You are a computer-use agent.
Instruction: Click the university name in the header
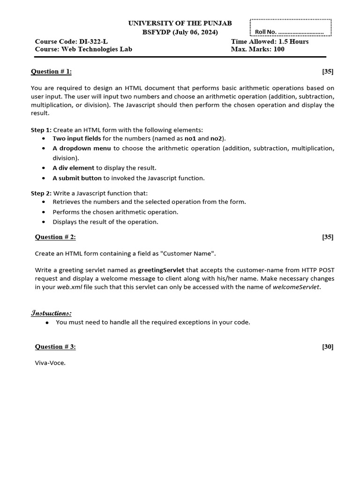pos(180,23)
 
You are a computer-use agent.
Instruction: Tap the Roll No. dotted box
pos(291,28)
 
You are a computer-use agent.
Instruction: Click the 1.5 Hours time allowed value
pos(293,41)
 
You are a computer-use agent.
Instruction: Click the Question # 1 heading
pos(52,71)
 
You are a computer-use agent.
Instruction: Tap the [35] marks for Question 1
pos(328,71)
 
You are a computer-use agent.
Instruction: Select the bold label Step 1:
pos(41,130)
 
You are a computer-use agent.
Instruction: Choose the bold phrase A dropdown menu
pos(82,148)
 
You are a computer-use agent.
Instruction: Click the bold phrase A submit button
pos(77,178)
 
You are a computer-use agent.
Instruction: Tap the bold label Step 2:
pos(41,193)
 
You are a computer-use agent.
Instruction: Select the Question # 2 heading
pos(55,237)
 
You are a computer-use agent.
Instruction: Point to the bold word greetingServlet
pos(161,270)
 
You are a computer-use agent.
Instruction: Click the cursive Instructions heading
pos(51,313)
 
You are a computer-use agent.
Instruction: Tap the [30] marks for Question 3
pos(328,346)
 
